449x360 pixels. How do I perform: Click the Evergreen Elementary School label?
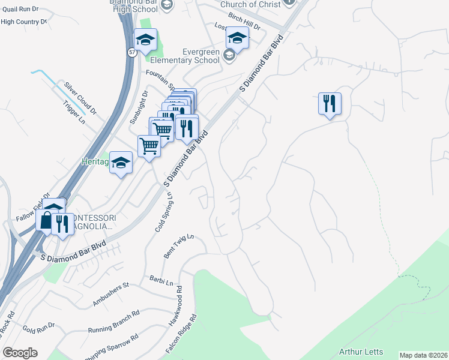[185, 56]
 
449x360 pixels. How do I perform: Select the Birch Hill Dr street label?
[244, 26]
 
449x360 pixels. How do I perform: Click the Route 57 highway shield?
[131, 52]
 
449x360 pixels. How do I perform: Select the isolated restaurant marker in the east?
[330, 104]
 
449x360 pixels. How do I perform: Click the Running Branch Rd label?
[113, 321]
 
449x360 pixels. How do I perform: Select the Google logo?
[20, 352]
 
